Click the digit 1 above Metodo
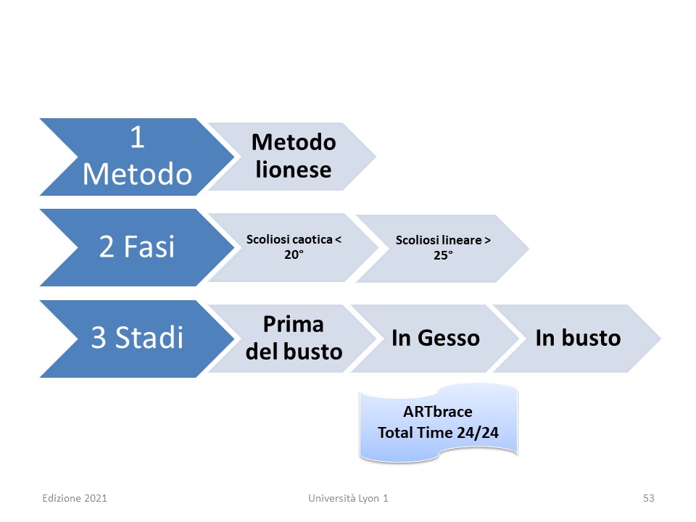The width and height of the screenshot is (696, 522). pyautogui.click(x=137, y=137)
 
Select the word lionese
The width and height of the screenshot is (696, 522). pyautogui.click(x=294, y=170)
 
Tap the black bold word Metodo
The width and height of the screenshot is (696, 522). pyautogui.click(x=294, y=143)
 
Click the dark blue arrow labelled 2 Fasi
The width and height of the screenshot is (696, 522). pyautogui.click(x=137, y=247)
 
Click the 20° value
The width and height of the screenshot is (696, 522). pyautogui.click(x=294, y=254)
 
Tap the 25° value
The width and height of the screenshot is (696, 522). pyautogui.click(x=443, y=256)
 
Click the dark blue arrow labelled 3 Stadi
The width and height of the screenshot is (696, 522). pyautogui.click(x=137, y=339)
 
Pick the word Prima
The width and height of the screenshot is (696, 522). pyautogui.click(x=294, y=324)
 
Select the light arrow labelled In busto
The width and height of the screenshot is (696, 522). pyautogui.click(x=577, y=339)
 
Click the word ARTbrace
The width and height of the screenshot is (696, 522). pyautogui.click(x=438, y=412)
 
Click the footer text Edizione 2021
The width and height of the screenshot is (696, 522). pyautogui.click(x=75, y=498)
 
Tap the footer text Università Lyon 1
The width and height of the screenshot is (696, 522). pyautogui.click(x=349, y=498)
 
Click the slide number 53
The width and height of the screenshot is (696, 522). pyautogui.click(x=648, y=498)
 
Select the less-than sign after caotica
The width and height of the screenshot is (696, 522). pyautogui.click(x=339, y=240)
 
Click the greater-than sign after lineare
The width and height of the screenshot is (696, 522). pyautogui.click(x=487, y=240)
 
